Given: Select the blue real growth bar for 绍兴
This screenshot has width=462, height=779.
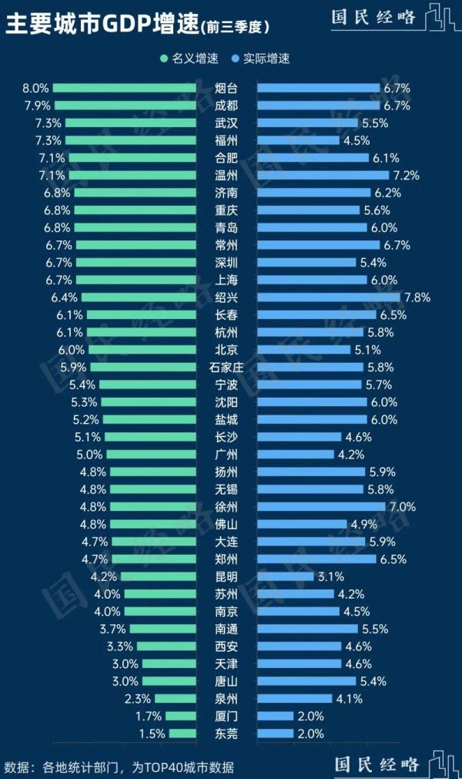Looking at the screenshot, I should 328,297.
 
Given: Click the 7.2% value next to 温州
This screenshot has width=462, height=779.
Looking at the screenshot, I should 407,176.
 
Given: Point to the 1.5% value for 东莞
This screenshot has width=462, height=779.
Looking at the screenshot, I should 152,734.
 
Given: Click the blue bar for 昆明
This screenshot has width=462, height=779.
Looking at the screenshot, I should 285,576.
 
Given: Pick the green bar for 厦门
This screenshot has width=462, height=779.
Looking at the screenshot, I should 181,716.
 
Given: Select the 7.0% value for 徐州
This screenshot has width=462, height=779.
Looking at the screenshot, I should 403,507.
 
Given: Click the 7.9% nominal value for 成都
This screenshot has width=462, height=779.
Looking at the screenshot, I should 37,106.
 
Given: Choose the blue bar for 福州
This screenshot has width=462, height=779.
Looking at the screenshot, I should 298,140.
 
